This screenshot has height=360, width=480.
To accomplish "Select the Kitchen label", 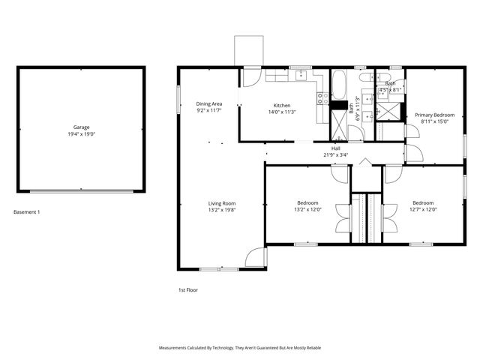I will point(281,105).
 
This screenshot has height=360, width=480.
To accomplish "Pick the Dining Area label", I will point(209,103).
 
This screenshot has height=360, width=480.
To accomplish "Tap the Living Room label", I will point(222,203).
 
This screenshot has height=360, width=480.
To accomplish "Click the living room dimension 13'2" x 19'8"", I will point(222,210).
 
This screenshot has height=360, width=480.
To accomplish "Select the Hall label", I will point(336,148).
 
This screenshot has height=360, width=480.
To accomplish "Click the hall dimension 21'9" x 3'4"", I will point(336,154).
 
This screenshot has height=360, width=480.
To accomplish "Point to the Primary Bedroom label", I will point(435,115).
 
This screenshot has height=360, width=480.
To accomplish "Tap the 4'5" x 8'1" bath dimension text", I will point(391,90).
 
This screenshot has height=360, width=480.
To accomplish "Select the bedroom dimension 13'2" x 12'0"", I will point(307,210).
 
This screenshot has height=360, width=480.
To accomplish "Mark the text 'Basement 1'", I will point(27,212).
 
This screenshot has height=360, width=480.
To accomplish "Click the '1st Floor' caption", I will point(187,289).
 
